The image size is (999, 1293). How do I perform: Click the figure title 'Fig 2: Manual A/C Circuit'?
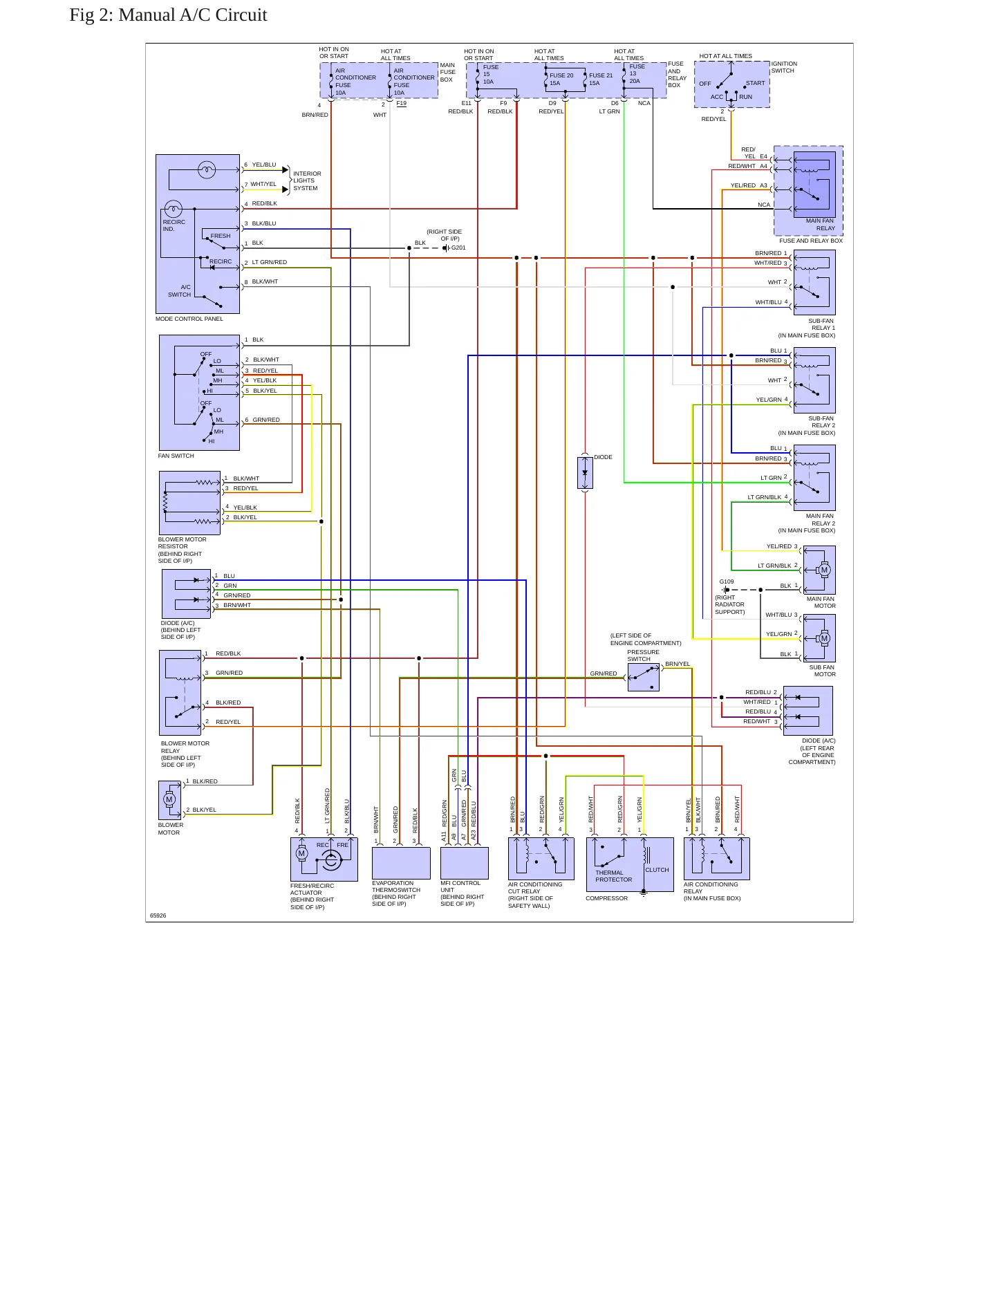coord(168,15)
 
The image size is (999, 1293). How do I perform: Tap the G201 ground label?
coord(458,248)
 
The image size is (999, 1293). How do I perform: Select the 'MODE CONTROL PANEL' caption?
coord(189,319)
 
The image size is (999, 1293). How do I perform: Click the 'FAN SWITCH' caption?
coord(176,456)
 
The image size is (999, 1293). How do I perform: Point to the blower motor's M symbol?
coord(169,800)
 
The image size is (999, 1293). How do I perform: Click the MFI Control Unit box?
coord(465,863)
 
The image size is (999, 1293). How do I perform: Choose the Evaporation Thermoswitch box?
coord(401,863)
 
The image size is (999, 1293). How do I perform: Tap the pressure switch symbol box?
coord(644,678)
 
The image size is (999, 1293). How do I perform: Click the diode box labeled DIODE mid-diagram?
coord(585,473)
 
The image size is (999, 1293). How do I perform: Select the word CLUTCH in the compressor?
coord(657,870)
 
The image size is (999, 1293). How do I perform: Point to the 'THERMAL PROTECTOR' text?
coord(614,876)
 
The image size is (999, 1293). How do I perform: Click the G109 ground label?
coord(727,582)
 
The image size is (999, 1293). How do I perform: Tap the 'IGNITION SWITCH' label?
coord(784,67)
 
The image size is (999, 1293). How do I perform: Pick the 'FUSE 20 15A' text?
coord(561,79)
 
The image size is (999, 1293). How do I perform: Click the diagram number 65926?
coord(158,915)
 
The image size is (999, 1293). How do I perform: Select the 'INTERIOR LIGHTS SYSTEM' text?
coord(307,180)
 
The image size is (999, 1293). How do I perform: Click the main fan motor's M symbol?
coord(824,570)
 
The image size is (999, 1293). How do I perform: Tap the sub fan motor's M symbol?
coord(823,638)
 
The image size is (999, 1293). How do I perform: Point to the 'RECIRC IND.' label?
coord(174,225)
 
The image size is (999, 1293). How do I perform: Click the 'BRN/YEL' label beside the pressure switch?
coord(678,664)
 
